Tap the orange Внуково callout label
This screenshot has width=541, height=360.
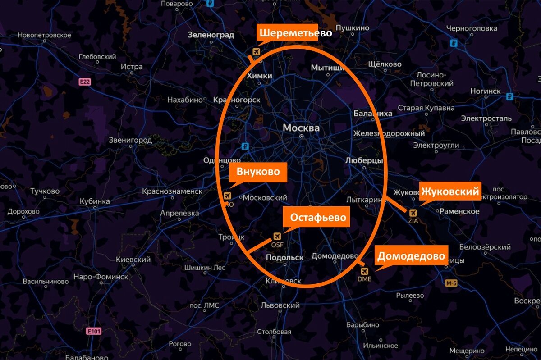tap(258, 172)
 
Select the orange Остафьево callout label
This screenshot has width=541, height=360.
tap(318, 217)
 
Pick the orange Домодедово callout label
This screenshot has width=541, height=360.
tap(411, 256)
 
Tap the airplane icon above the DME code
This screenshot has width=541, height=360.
tap(364, 271)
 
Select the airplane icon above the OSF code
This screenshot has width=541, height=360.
tap(277, 237)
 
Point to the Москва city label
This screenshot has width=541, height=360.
tap(301, 128)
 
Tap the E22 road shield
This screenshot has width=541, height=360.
tap(85, 82)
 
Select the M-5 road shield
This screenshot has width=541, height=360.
tap(451, 283)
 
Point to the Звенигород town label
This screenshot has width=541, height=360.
tap(130, 140)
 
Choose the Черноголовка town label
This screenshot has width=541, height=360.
tap(471, 28)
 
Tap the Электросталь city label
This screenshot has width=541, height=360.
tap(486, 118)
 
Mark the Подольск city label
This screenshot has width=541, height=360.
tap(285, 257)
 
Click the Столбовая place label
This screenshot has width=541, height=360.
tap(274, 332)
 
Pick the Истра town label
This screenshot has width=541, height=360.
tap(132, 67)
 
